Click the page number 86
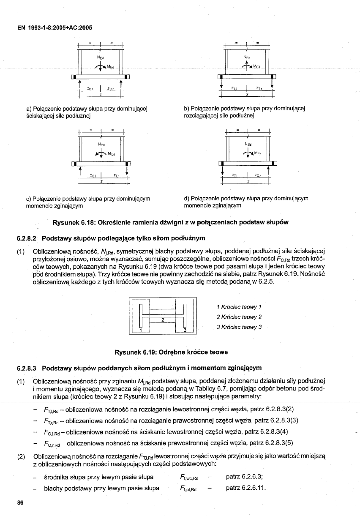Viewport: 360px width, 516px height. pos(20,502)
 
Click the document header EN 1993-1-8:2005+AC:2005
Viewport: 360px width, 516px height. pos(55,28)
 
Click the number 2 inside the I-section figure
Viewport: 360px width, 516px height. pos(162,319)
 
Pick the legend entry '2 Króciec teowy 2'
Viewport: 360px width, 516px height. pos(239,317)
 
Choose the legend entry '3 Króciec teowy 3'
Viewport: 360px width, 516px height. pos(239,327)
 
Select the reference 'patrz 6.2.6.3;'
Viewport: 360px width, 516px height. pos(245,477)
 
